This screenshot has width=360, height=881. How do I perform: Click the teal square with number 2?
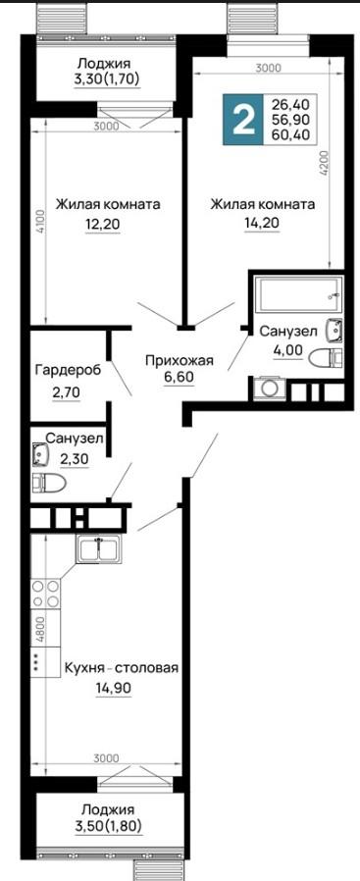pyautogui.click(x=242, y=120)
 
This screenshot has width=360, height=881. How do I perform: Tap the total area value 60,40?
pyautogui.click(x=291, y=134)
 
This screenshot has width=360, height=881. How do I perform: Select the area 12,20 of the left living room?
pyautogui.click(x=103, y=226)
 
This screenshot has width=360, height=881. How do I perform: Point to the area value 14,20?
pyautogui.click(x=262, y=223)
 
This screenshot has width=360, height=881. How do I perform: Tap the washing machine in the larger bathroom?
pyautogui.click(x=270, y=389)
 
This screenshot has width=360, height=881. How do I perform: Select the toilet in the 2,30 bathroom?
pyautogui.click(x=48, y=482)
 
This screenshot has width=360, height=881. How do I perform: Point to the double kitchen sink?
pyautogui.click(x=98, y=549)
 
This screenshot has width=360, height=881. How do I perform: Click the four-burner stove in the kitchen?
pyautogui.click(x=45, y=594)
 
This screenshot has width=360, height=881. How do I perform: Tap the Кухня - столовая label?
pyautogui.click(x=122, y=668)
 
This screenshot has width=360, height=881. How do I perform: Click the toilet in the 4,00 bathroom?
pyautogui.click(x=328, y=357)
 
